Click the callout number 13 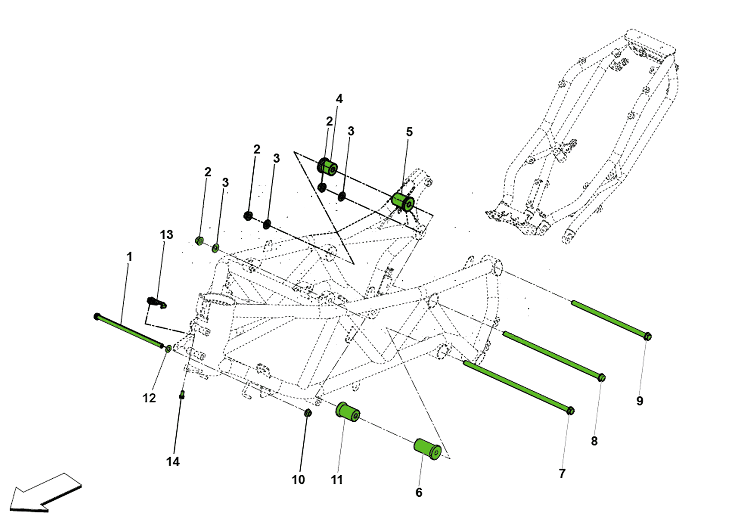(x=166, y=235)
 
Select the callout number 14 (x=173, y=461)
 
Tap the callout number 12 (x=149, y=398)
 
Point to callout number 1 (x=129, y=257)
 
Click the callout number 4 (x=339, y=99)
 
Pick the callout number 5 (x=409, y=132)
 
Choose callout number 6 (x=419, y=492)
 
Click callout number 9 (x=640, y=401)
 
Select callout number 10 (x=298, y=480)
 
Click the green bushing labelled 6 (x=427, y=449)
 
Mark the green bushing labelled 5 (x=403, y=201)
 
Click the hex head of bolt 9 (x=647, y=336)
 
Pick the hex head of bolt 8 (x=601, y=378)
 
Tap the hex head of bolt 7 (x=571, y=411)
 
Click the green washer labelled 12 (x=168, y=349)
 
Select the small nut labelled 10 (x=308, y=413)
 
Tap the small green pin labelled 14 (x=182, y=395)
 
